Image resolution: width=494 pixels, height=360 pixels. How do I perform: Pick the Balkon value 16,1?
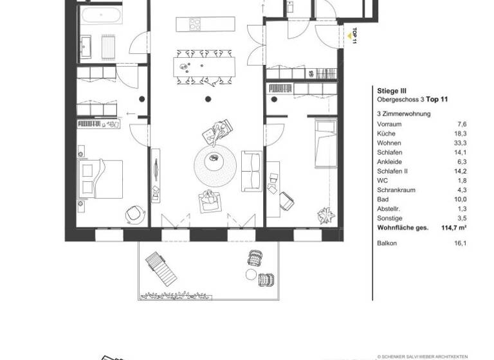[x=459, y=244]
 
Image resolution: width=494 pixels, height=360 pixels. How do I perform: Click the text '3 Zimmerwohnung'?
[x=403, y=114]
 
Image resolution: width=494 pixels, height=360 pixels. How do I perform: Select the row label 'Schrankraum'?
[x=394, y=191]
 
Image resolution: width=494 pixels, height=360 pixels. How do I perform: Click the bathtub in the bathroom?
[x=99, y=17]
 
